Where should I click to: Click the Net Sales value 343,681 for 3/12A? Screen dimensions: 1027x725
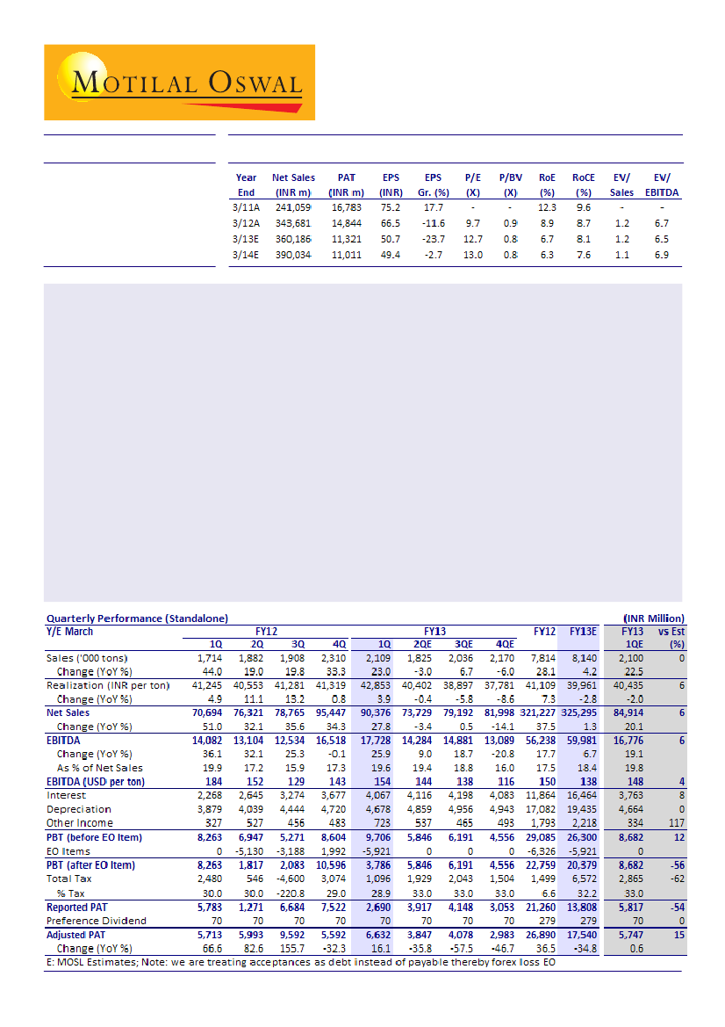(x=292, y=223)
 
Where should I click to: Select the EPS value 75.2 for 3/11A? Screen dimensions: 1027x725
(x=391, y=207)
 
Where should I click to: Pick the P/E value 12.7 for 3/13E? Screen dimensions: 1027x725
(x=472, y=239)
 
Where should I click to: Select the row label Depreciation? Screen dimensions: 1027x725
(x=79, y=809)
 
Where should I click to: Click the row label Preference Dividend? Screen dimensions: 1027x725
(x=97, y=921)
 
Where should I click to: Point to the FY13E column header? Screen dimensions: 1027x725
(x=583, y=631)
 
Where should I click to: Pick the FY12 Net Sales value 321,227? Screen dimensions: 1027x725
(x=543, y=712)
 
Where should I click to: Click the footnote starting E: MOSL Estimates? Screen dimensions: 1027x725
(x=302, y=962)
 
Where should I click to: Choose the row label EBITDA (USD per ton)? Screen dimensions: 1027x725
(x=96, y=781)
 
